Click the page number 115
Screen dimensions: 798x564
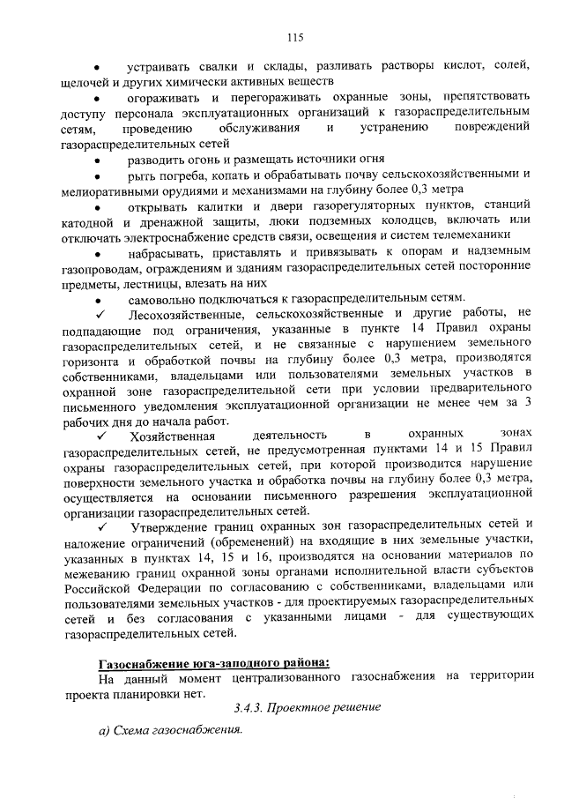[x=295, y=36]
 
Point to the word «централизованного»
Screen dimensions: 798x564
[x=278, y=679]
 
